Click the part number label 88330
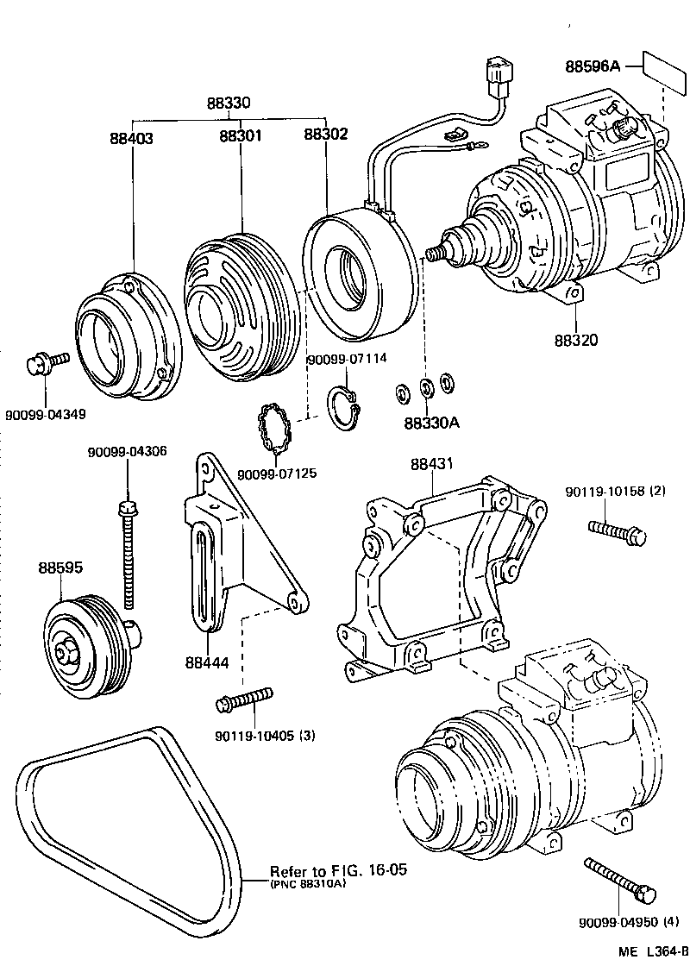click(228, 103)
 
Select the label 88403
click(132, 137)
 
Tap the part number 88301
click(241, 136)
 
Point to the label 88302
click(326, 135)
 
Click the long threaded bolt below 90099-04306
click(128, 552)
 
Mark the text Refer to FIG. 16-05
click(337, 870)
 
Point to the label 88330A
click(431, 423)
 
